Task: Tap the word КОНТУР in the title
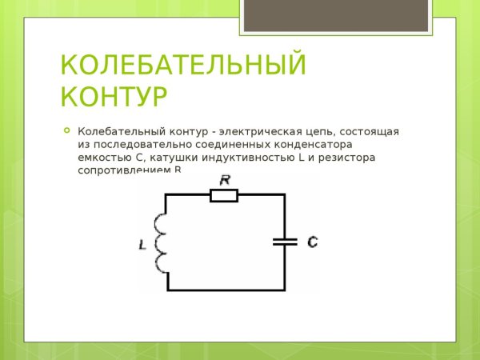coord(114,97)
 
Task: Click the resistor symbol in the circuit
coord(224,194)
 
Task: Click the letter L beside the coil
coord(142,245)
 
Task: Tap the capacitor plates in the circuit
coord(284,240)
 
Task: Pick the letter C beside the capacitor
coord(312,240)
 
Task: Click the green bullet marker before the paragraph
coord(66,130)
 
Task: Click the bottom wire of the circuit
coord(226,290)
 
